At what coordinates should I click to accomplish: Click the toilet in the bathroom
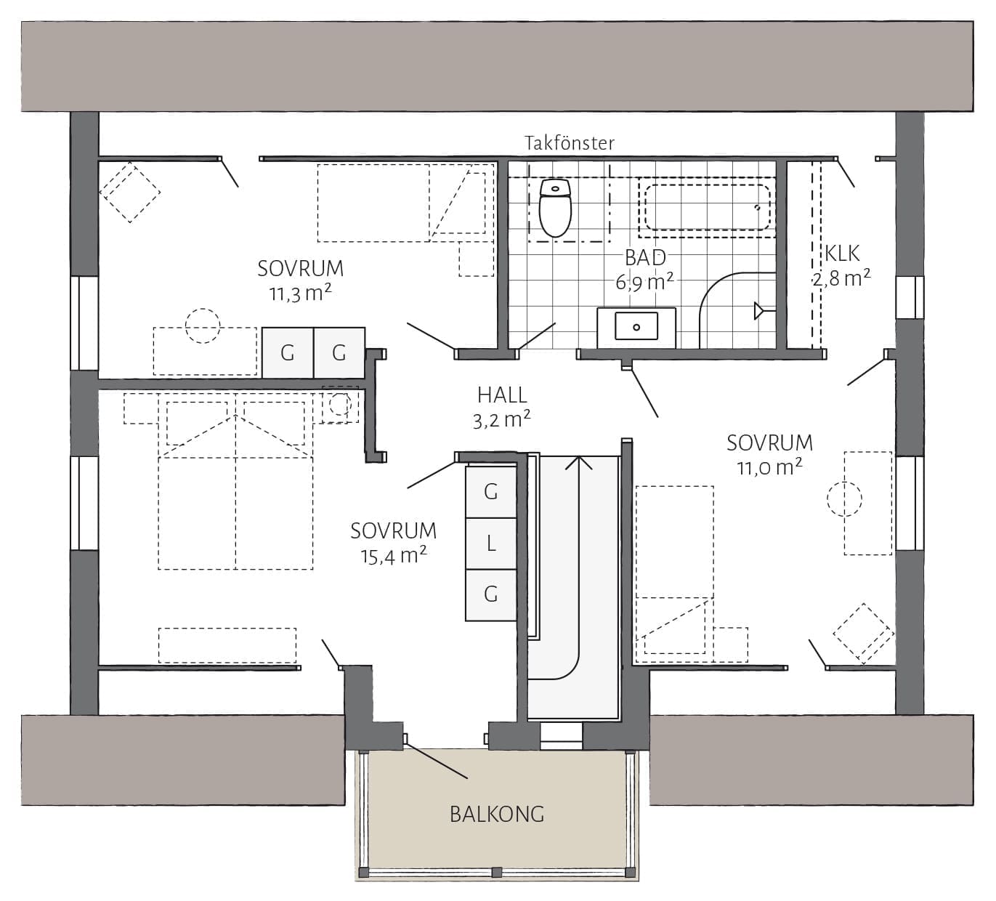click(x=556, y=208)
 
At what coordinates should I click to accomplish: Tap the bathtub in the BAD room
click(x=707, y=207)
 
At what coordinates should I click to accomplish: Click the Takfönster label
click(x=570, y=143)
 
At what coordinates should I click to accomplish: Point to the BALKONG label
click(x=497, y=815)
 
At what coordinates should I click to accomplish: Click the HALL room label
click(x=502, y=395)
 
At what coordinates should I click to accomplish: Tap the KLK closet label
click(x=842, y=254)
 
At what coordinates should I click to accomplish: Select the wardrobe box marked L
click(x=491, y=544)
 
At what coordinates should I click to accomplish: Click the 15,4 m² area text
click(x=394, y=557)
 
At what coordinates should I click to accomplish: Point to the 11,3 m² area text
click(x=300, y=294)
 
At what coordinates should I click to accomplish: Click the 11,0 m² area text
click(x=769, y=467)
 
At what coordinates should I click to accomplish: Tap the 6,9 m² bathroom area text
click(x=644, y=282)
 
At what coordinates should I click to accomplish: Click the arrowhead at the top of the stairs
click(x=579, y=462)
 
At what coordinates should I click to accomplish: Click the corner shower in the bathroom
click(x=737, y=310)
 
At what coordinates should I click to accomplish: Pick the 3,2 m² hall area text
click(x=501, y=420)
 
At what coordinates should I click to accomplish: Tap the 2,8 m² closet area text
click(x=841, y=278)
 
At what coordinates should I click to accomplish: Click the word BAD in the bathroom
click(x=645, y=257)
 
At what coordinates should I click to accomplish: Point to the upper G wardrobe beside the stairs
click(x=491, y=492)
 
